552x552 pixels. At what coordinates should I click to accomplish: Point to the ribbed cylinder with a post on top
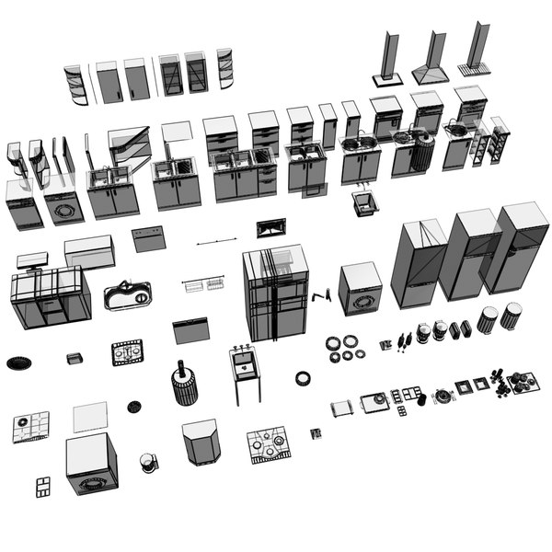184,384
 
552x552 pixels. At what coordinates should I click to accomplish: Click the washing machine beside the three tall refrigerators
361,289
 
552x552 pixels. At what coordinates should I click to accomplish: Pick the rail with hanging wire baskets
204,284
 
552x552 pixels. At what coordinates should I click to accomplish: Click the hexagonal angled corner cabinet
201,443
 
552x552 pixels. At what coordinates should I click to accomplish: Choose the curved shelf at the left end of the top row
75,84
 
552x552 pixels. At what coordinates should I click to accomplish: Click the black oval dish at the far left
18,362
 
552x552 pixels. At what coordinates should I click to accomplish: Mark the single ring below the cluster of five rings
303,377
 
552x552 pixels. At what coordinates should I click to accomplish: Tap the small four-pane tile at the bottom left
42,487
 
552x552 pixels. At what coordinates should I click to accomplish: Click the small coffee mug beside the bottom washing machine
146,461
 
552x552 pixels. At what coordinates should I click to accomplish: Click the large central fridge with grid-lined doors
275,293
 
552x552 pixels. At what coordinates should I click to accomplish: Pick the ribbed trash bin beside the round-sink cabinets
423,153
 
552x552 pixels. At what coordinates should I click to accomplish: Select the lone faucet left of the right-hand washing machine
319,297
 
